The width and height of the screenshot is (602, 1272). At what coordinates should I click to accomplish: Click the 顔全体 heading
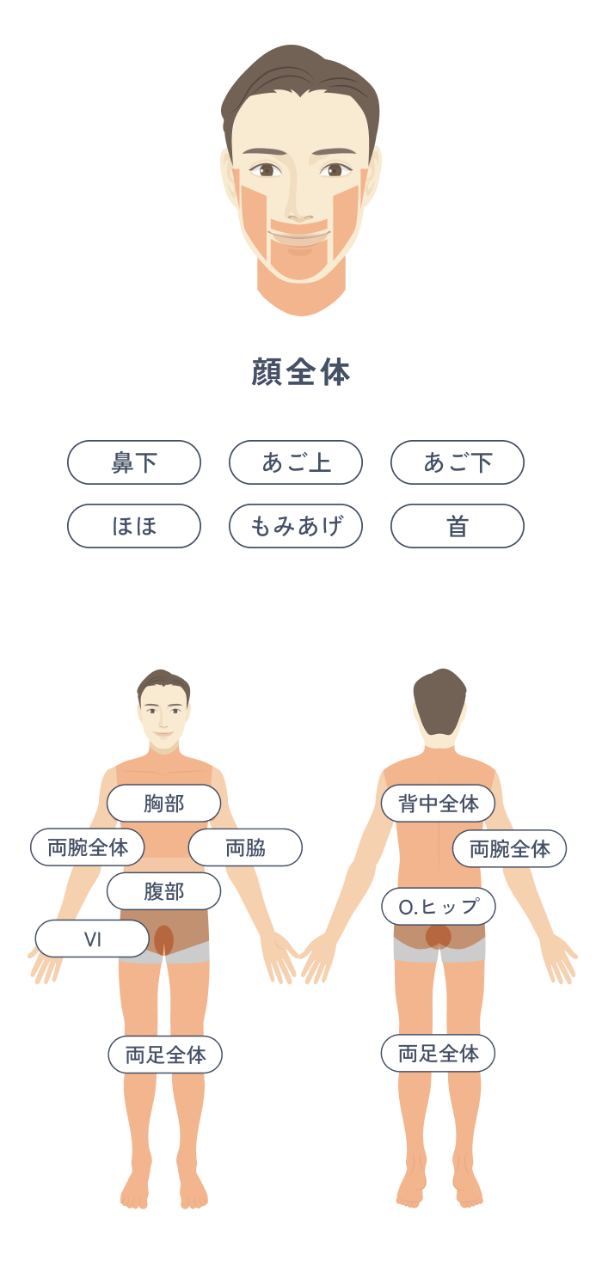[301, 372]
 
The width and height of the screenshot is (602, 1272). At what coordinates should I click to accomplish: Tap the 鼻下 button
[134, 462]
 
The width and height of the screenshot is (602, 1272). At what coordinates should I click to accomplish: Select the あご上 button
[296, 462]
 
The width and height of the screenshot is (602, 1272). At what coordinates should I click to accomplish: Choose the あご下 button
[457, 462]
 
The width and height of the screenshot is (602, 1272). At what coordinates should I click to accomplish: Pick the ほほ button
[134, 526]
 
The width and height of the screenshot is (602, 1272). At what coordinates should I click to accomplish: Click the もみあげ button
[296, 526]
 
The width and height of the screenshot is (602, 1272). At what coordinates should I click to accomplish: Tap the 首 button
[457, 526]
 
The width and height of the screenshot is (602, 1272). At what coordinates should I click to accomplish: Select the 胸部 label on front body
[163, 804]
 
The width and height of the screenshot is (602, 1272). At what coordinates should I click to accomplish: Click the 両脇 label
[245, 847]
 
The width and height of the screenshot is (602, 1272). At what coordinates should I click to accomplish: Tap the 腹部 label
[163, 891]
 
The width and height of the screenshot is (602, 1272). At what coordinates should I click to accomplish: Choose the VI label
[92, 939]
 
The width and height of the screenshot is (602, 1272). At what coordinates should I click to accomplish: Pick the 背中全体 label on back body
[438, 804]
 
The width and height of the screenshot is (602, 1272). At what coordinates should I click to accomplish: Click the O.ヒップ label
[439, 906]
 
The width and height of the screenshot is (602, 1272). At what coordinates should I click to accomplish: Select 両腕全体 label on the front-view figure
[87, 847]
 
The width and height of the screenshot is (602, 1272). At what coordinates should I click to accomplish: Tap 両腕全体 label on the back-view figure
[509, 848]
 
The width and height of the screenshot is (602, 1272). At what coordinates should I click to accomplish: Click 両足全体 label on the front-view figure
[165, 1055]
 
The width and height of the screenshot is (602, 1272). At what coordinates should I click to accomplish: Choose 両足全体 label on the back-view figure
[438, 1054]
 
